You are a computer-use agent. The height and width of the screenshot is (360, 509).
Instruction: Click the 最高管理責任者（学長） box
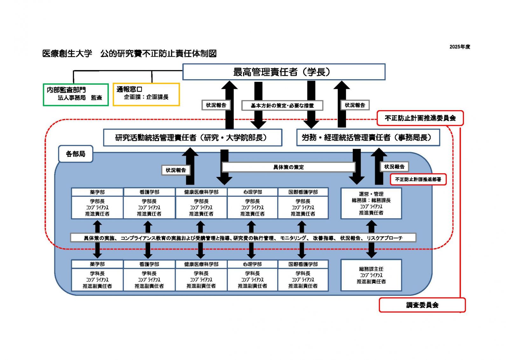(x=283, y=72)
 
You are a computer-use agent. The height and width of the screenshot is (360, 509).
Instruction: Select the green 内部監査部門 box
(x=76, y=94)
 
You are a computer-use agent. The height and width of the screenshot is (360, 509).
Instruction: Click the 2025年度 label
(x=459, y=47)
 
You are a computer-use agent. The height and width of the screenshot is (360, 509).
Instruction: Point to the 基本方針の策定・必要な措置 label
(x=282, y=105)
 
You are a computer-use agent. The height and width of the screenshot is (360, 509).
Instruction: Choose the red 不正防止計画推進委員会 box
(x=420, y=118)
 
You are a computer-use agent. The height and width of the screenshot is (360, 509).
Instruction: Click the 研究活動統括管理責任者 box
(x=192, y=138)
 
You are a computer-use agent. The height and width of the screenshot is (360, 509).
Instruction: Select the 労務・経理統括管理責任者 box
(x=368, y=138)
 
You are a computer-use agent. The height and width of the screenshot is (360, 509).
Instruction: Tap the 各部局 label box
(x=76, y=154)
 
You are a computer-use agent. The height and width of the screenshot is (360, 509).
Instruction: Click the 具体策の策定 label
(x=288, y=167)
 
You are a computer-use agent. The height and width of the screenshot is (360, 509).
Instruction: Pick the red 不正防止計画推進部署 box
(x=418, y=180)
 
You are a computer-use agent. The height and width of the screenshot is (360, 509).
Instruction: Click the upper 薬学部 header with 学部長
(x=97, y=192)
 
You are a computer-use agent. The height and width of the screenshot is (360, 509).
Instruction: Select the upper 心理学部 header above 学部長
(x=253, y=192)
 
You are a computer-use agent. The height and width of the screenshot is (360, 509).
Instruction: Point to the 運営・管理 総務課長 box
(x=371, y=203)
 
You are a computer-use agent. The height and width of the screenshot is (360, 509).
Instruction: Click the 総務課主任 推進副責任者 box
(x=371, y=275)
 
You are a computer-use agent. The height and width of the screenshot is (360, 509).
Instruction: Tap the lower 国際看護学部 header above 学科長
(x=303, y=264)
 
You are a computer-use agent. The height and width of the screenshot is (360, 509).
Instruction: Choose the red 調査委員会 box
(x=422, y=305)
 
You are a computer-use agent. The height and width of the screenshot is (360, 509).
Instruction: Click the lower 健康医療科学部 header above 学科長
(x=201, y=264)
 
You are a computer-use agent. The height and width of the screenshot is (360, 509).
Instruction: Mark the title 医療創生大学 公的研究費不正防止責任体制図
(x=129, y=53)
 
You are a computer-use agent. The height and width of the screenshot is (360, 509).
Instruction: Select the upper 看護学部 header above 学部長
(x=149, y=192)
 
